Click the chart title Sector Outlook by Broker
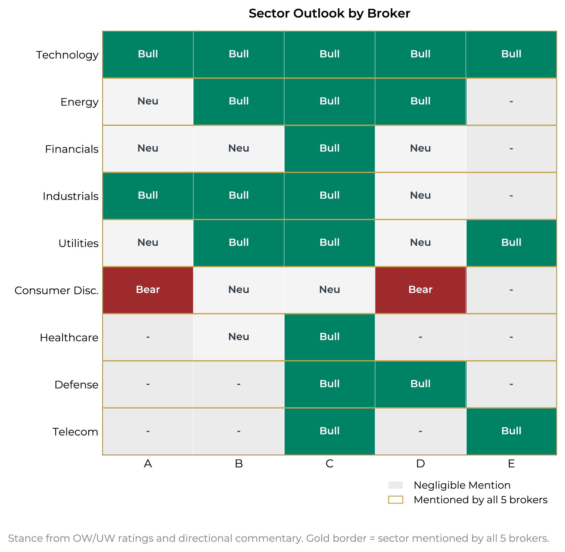[329, 13]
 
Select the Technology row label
[67, 55]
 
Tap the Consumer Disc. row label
[56, 290]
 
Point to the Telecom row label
[75, 432]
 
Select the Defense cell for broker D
[421, 384]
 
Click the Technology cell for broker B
[239, 54]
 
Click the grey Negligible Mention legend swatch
[395, 485]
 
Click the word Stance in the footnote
[25, 538]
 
